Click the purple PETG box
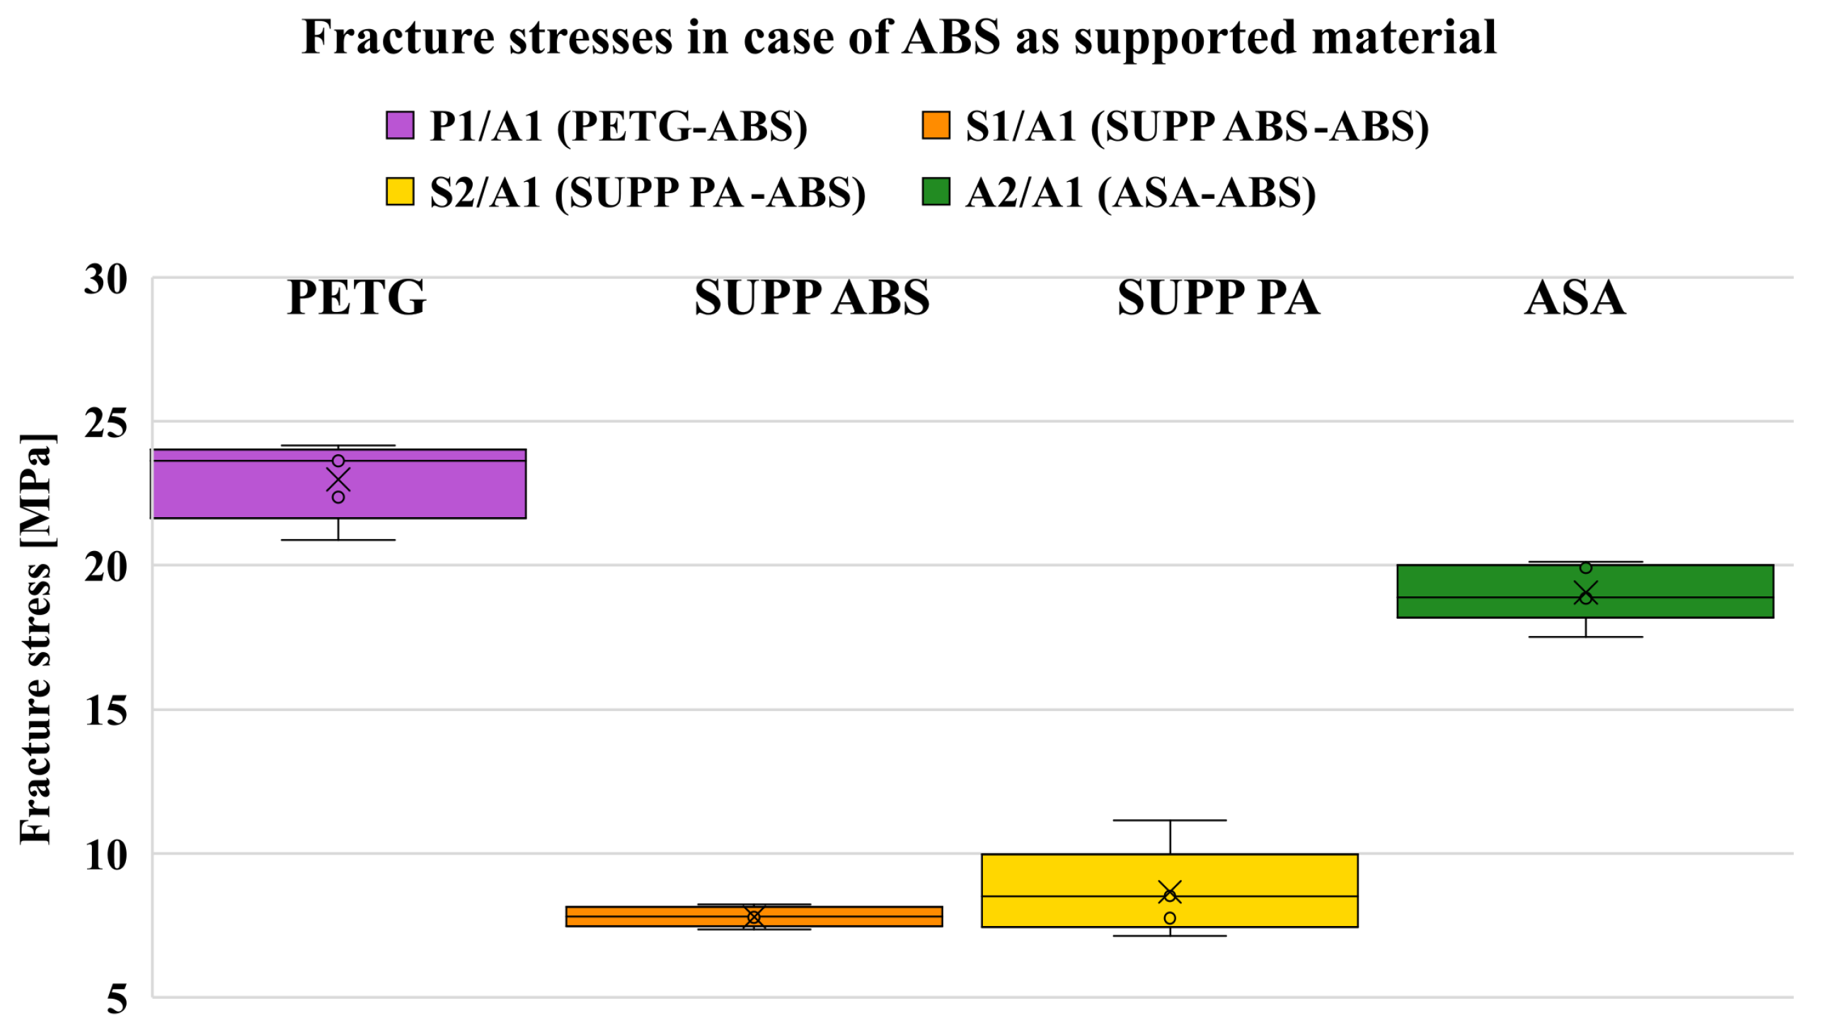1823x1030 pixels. (425, 488)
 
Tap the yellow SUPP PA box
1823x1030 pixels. (1260, 877)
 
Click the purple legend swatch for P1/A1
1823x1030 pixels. (400, 125)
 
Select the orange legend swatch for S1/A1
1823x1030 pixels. (936, 125)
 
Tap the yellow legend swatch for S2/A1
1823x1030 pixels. (400, 192)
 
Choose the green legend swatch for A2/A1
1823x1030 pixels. (936, 192)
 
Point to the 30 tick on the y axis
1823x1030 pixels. (106, 279)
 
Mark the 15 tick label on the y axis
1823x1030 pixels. (106, 710)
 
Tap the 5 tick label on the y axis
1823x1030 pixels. (117, 999)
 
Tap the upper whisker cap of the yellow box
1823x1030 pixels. (1170, 821)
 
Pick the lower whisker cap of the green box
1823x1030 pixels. (1585, 637)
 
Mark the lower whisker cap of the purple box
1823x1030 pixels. (338, 540)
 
